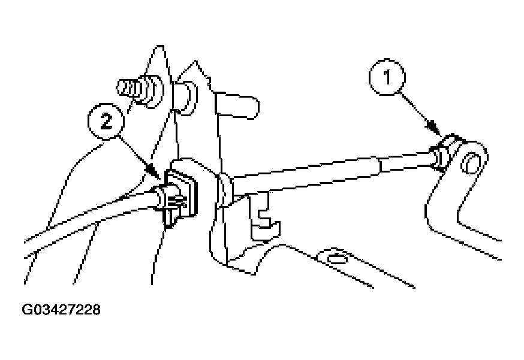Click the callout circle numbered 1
(x=387, y=77)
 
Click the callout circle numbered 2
(x=106, y=121)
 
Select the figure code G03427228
(x=61, y=310)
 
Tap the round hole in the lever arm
(x=471, y=164)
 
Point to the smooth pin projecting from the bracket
(x=237, y=106)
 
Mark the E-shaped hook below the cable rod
(x=264, y=216)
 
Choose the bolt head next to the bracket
(x=185, y=97)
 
